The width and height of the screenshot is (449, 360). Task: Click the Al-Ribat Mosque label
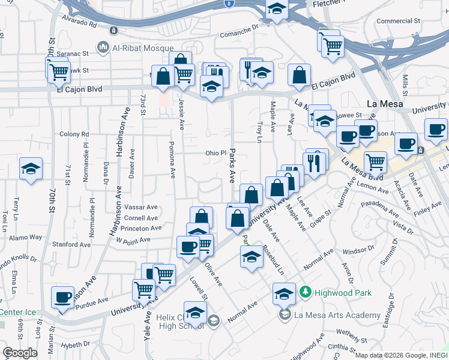click(142, 47)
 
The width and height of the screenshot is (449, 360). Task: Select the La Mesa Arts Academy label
click(337, 315)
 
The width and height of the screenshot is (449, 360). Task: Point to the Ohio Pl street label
click(215, 153)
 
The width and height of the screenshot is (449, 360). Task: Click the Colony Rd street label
click(74, 134)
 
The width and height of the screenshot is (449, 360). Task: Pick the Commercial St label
click(397, 21)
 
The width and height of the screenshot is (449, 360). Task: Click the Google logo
click(20, 353)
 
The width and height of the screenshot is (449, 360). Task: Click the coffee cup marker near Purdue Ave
click(63, 298)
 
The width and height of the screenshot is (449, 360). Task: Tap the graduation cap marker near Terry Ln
click(31, 169)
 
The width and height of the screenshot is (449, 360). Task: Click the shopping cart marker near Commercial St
click(332, 46)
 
